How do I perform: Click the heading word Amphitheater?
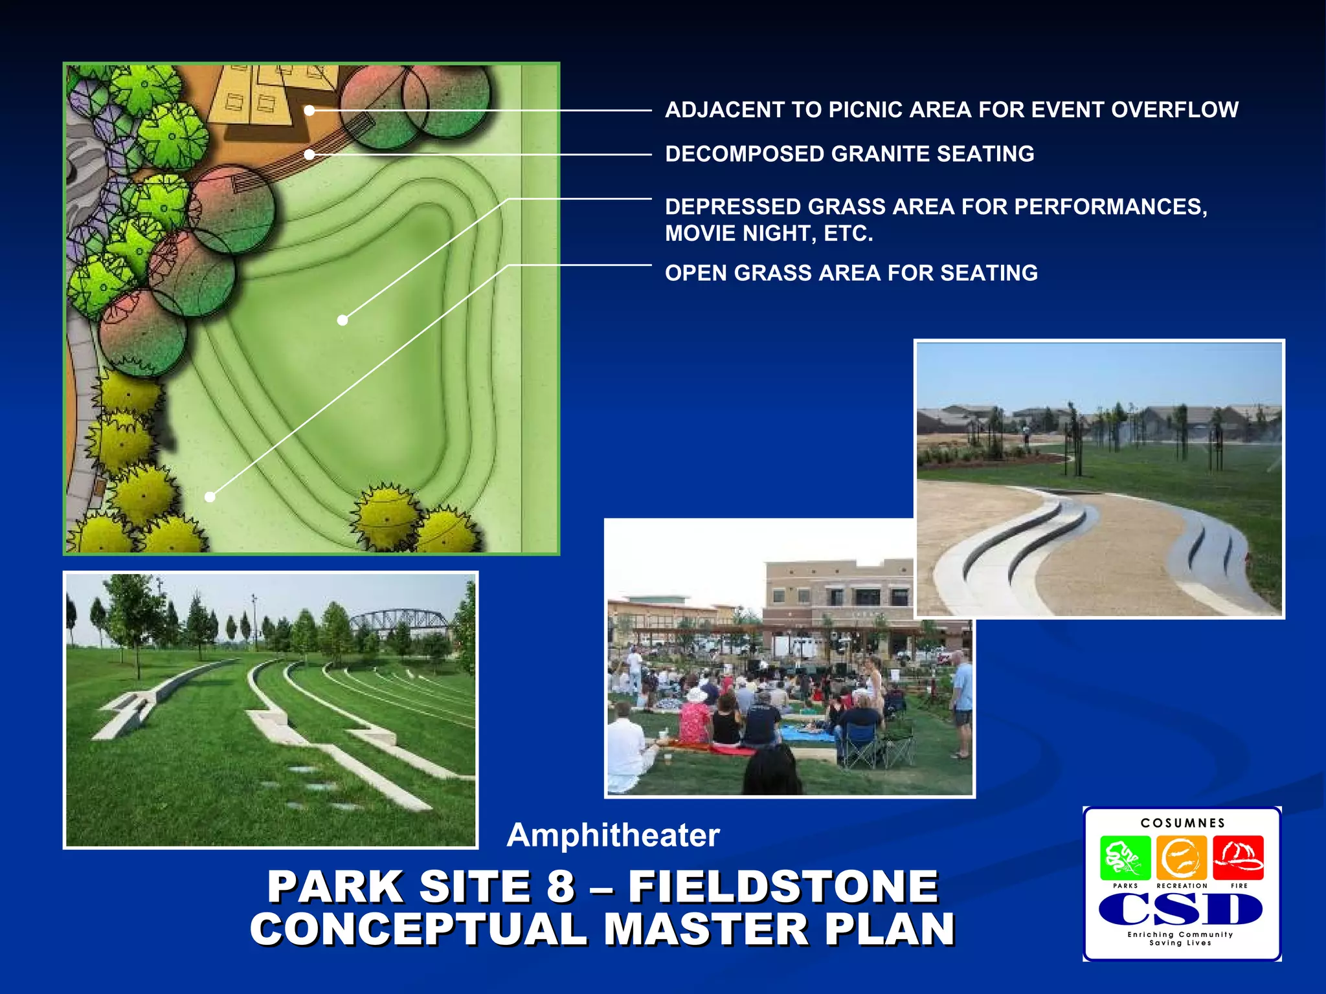612,835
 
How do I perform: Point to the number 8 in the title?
561,887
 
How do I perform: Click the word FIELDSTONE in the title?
783,887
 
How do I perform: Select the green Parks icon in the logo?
1125,858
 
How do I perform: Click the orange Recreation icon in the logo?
1182,858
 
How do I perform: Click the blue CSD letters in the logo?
1181,909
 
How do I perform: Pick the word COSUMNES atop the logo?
1183,823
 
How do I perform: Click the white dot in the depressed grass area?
343,320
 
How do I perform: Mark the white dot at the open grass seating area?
210,497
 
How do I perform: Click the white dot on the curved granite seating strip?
309,155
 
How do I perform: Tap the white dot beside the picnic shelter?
309,111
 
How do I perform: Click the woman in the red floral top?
695,720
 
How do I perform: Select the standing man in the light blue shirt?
961,699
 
